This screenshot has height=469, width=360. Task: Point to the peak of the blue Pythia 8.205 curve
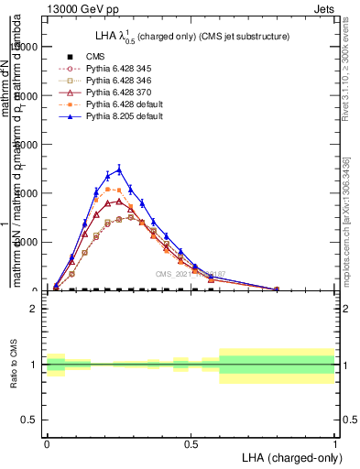pyautogui.click(x=118, y=169)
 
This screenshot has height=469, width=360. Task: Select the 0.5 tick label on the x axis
pyautogui.click(x=191, y=442)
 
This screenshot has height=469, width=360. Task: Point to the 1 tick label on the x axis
pyautogui.click(x=334, y=442)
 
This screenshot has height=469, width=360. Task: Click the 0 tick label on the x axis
pyautogui.click(x=47, y=442)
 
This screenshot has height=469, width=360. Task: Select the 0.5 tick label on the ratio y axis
pyautogui.click(x=30, y=420)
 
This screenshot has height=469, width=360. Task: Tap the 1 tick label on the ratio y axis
pyautogui.click(x=34, y=365)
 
